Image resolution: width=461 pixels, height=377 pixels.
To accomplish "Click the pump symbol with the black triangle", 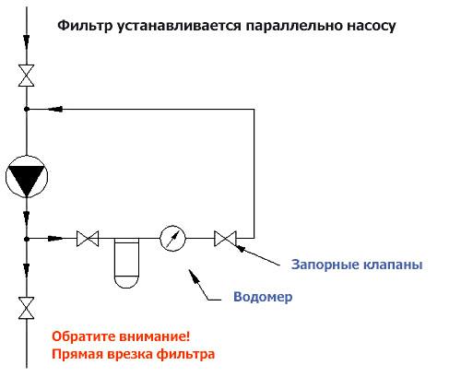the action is pyautogui.click(x=27, y=176).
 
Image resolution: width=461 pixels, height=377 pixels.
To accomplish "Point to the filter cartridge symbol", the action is pyautogui.click(x=126, y=263).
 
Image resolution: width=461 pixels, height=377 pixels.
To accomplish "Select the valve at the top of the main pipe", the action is pyautogui.click(x=27, y=76).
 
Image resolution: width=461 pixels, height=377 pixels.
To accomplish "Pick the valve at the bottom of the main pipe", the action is pyautogui.click(x=27, y=308).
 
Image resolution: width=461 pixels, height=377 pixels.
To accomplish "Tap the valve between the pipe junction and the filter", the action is pyautogui.click(x=88, y=239).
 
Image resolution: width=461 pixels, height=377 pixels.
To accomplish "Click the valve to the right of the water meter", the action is pyautogui.click(x=225, y=239).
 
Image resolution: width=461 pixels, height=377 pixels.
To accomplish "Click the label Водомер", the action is pyautogui.click(x=263, y=297).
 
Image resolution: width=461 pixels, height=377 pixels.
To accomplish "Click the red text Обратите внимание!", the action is pyautogui.click(x=121, y=336).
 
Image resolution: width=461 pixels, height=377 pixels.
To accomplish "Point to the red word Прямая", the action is pyautogui.click(x=77, y=354).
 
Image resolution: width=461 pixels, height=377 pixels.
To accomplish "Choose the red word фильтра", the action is pyautogui.click(x=185, y=354).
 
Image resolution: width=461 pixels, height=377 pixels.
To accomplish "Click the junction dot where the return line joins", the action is pyautogui.click(x=27, y=109).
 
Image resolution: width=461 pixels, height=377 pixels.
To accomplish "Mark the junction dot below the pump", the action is pyautogui.click(x=27, y=239).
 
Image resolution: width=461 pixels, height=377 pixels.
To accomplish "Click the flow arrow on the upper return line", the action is pyautogui.click(x=55, y=109).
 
